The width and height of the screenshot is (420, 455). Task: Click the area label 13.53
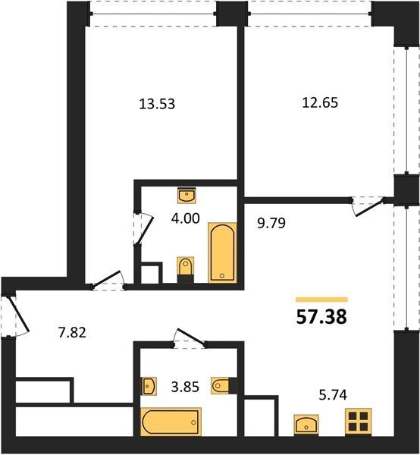pos(157,104)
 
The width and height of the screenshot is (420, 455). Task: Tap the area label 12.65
pos(320,102)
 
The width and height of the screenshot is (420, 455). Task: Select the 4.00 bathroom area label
pos(185,218)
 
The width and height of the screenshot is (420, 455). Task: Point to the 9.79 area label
pos(271,223)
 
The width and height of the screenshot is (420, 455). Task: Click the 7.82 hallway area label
pos(72,333)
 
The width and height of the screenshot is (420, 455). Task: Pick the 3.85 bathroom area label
pos(185,387)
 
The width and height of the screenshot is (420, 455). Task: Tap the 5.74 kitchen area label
pos(333,395)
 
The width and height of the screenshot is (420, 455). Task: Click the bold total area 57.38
pos(321,316)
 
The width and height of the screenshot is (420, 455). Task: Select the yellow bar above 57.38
pos(321,300)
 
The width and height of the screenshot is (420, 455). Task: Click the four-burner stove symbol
pos(359,422)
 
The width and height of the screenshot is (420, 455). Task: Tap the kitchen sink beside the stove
pos(306,425)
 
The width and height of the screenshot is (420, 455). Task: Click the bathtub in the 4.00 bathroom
pos(222,253)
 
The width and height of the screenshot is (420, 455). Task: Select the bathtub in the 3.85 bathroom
pos(171,422)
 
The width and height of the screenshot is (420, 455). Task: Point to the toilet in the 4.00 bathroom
pos(185,269)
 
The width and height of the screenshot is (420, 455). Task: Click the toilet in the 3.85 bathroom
pos(224,386)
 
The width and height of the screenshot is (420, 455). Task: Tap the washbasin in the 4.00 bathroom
pos(186,196)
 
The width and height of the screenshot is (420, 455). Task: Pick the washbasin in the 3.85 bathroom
pos(149,386)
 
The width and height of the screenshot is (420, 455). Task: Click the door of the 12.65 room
pos(369,206)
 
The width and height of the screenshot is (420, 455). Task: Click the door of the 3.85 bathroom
pos(190,337)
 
